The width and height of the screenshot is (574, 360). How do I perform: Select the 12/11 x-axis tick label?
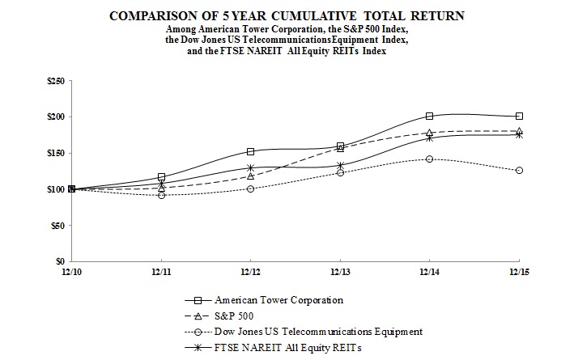coord(161,271)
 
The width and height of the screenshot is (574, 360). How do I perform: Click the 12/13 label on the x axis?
coord(340,271)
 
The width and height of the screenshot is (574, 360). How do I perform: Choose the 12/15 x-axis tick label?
coord(519,271)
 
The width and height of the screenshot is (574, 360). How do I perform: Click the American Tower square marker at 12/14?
coord(429,116)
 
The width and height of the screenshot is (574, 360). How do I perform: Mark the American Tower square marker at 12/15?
coord(519,116)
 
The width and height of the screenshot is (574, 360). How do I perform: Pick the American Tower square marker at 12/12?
coord(251,151)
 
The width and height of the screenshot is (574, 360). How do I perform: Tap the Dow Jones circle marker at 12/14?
coord(429,159)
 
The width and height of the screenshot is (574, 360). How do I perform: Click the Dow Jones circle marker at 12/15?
coord(519,170)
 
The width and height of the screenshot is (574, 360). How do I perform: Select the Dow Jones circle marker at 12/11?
coord(161,195)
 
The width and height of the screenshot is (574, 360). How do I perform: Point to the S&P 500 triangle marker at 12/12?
coord(251,176)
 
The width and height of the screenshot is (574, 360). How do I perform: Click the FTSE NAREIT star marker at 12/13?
coord(340,166)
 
